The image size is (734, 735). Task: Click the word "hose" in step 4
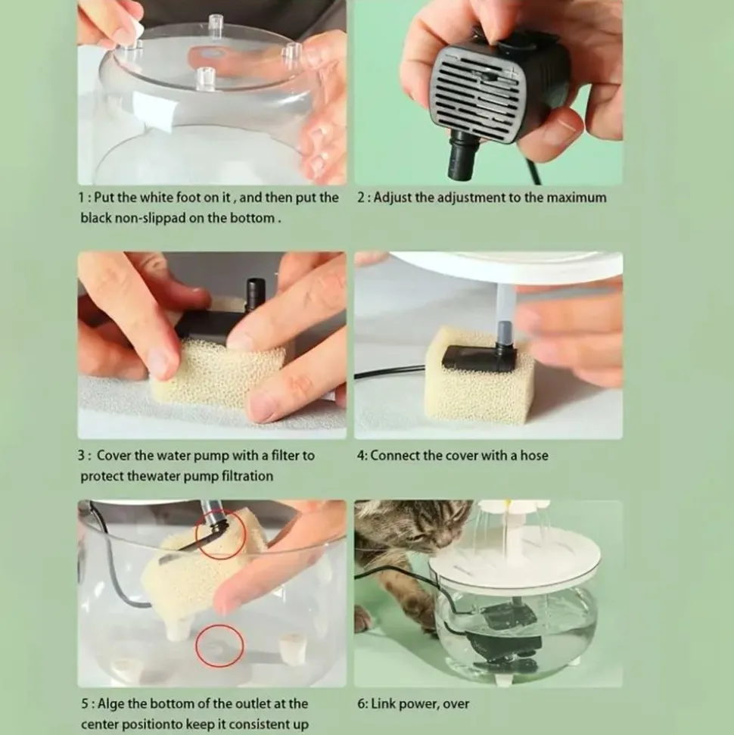[x=534, y=456]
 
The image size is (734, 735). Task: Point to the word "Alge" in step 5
[x=110, y=704]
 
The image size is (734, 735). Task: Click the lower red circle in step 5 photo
[x=219, y=646]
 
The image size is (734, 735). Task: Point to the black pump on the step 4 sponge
[x=479, y=354]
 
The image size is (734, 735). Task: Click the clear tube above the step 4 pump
[x=502, y=302]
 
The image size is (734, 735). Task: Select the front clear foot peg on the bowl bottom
[x=205, y=78]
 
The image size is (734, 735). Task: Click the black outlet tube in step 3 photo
[x=255, y=294]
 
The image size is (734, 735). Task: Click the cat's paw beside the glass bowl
[x=364, y=618]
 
